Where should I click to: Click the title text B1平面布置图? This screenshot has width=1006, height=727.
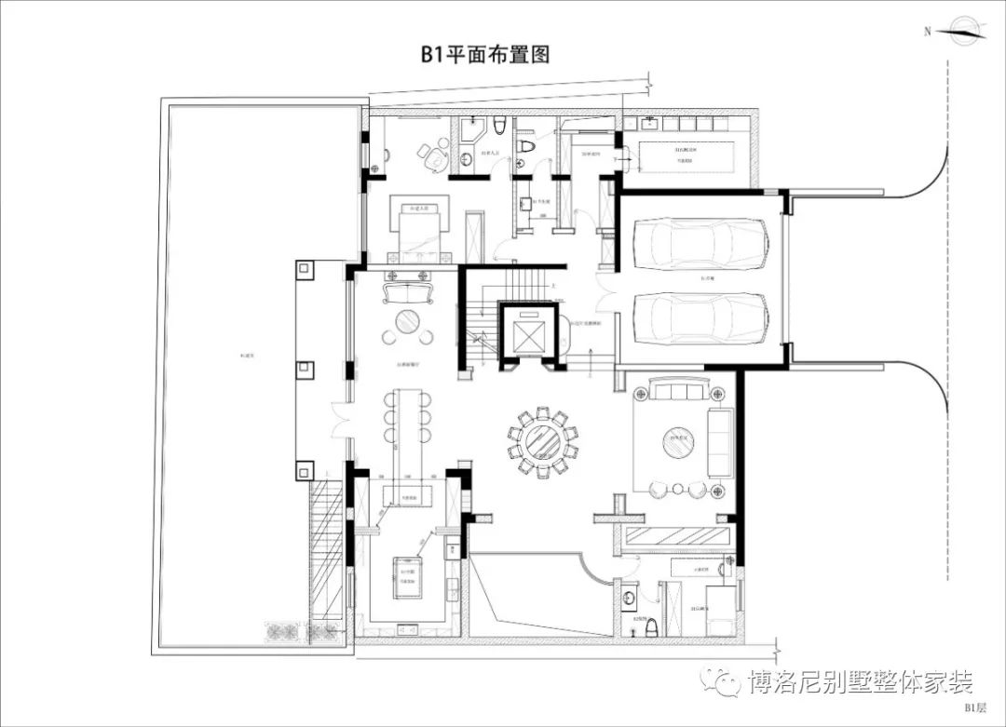484,54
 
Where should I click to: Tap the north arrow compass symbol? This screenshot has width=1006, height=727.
965,32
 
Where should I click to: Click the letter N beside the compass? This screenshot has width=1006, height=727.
927,32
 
